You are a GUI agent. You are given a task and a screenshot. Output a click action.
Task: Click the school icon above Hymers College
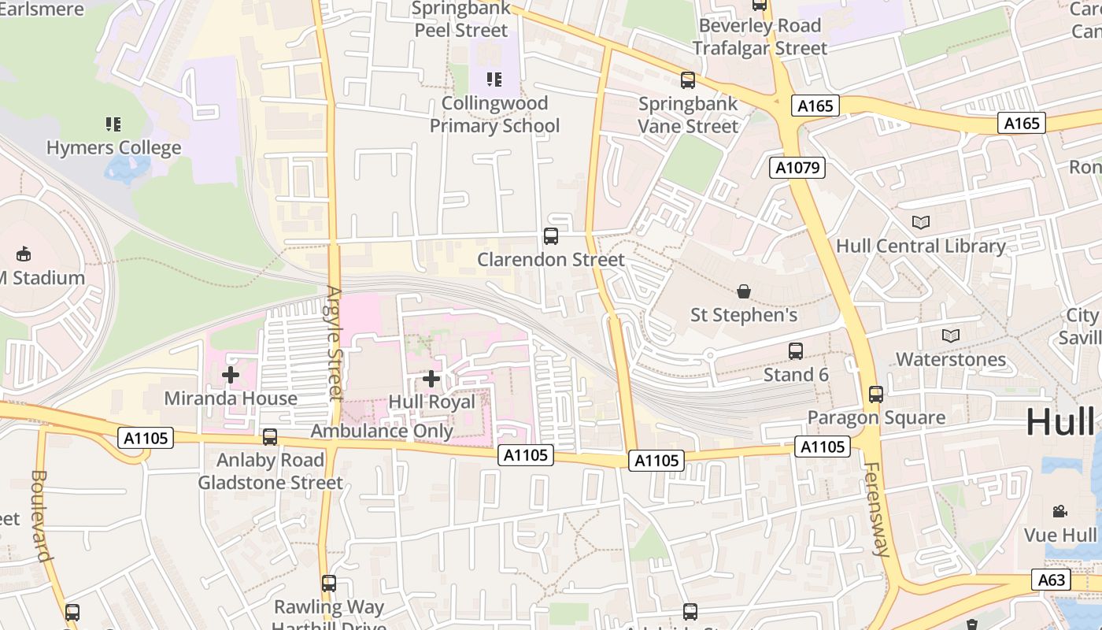coord(113,124)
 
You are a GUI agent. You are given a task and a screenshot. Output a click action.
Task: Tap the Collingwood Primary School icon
coord(494,79)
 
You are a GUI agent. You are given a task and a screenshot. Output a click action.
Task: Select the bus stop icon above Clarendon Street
coord(551,235)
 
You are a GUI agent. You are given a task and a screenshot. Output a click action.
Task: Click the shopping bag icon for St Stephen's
coord(744,292)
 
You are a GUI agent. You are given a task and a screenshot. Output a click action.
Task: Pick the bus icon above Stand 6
coord(796,351)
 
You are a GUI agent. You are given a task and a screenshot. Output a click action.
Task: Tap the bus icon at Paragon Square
coord(876,395)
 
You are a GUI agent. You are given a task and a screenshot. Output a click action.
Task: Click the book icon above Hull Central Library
coord(920,223)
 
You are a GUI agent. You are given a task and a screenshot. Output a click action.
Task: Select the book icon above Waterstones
coord(951,336)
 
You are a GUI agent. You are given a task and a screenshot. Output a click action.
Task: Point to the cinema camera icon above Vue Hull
coord(1060,512)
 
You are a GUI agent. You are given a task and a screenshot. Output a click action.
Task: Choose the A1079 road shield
coord(797,167)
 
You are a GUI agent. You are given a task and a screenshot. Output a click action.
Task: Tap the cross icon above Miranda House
coord(231,375)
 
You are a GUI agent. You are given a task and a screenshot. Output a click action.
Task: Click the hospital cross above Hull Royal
coord(431,379)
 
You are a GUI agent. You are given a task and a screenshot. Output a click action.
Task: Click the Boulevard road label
coord(41,516)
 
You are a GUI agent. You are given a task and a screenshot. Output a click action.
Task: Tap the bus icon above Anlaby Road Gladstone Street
coord(270,437)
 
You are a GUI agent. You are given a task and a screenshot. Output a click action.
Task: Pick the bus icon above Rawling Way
coord(329,584)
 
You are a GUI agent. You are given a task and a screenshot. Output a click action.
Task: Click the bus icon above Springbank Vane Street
coord(688,80)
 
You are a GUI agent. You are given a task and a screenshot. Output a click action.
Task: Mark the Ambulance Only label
coord(382,431)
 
